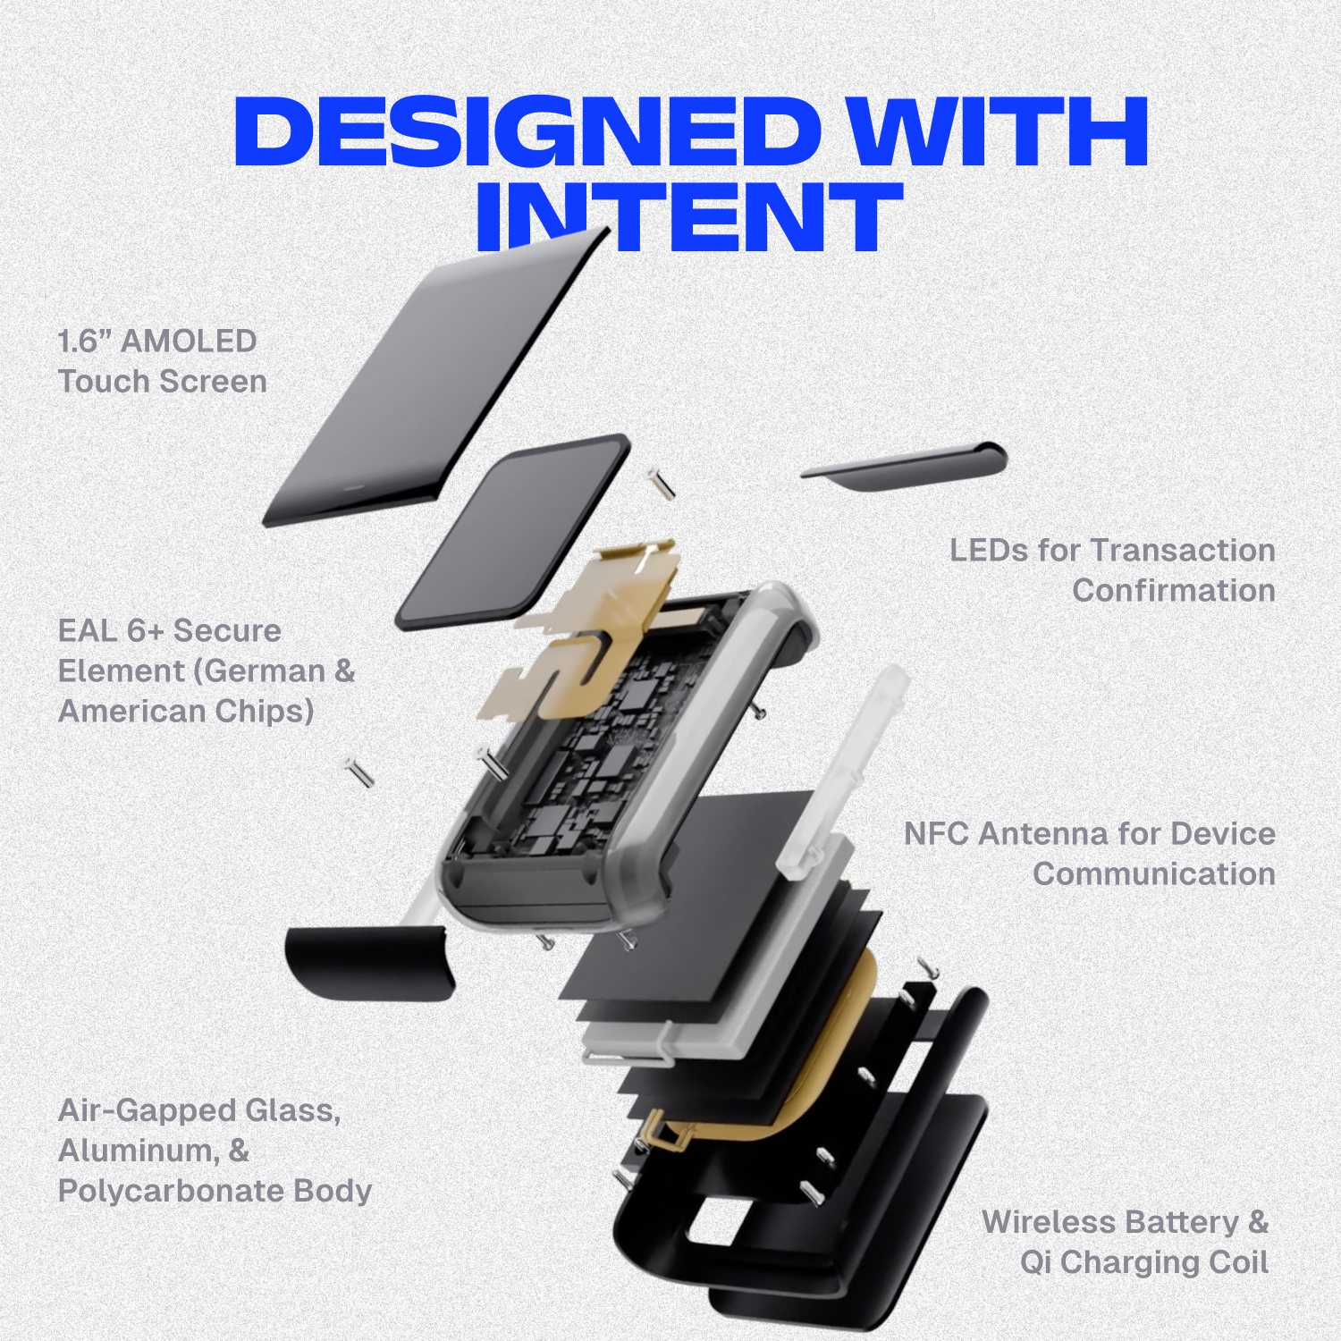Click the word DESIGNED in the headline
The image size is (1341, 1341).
pos(527,131)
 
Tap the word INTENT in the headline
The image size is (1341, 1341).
pos(688,216)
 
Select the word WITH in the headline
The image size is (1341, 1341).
pos(999,131)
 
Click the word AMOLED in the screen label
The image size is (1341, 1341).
pos(189,341)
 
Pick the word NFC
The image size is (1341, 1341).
pos(937,833)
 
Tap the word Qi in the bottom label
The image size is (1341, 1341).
pos(1036,1262)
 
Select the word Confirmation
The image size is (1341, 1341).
pos(1174,590)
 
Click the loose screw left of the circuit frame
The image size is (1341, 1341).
pos(358,771)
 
